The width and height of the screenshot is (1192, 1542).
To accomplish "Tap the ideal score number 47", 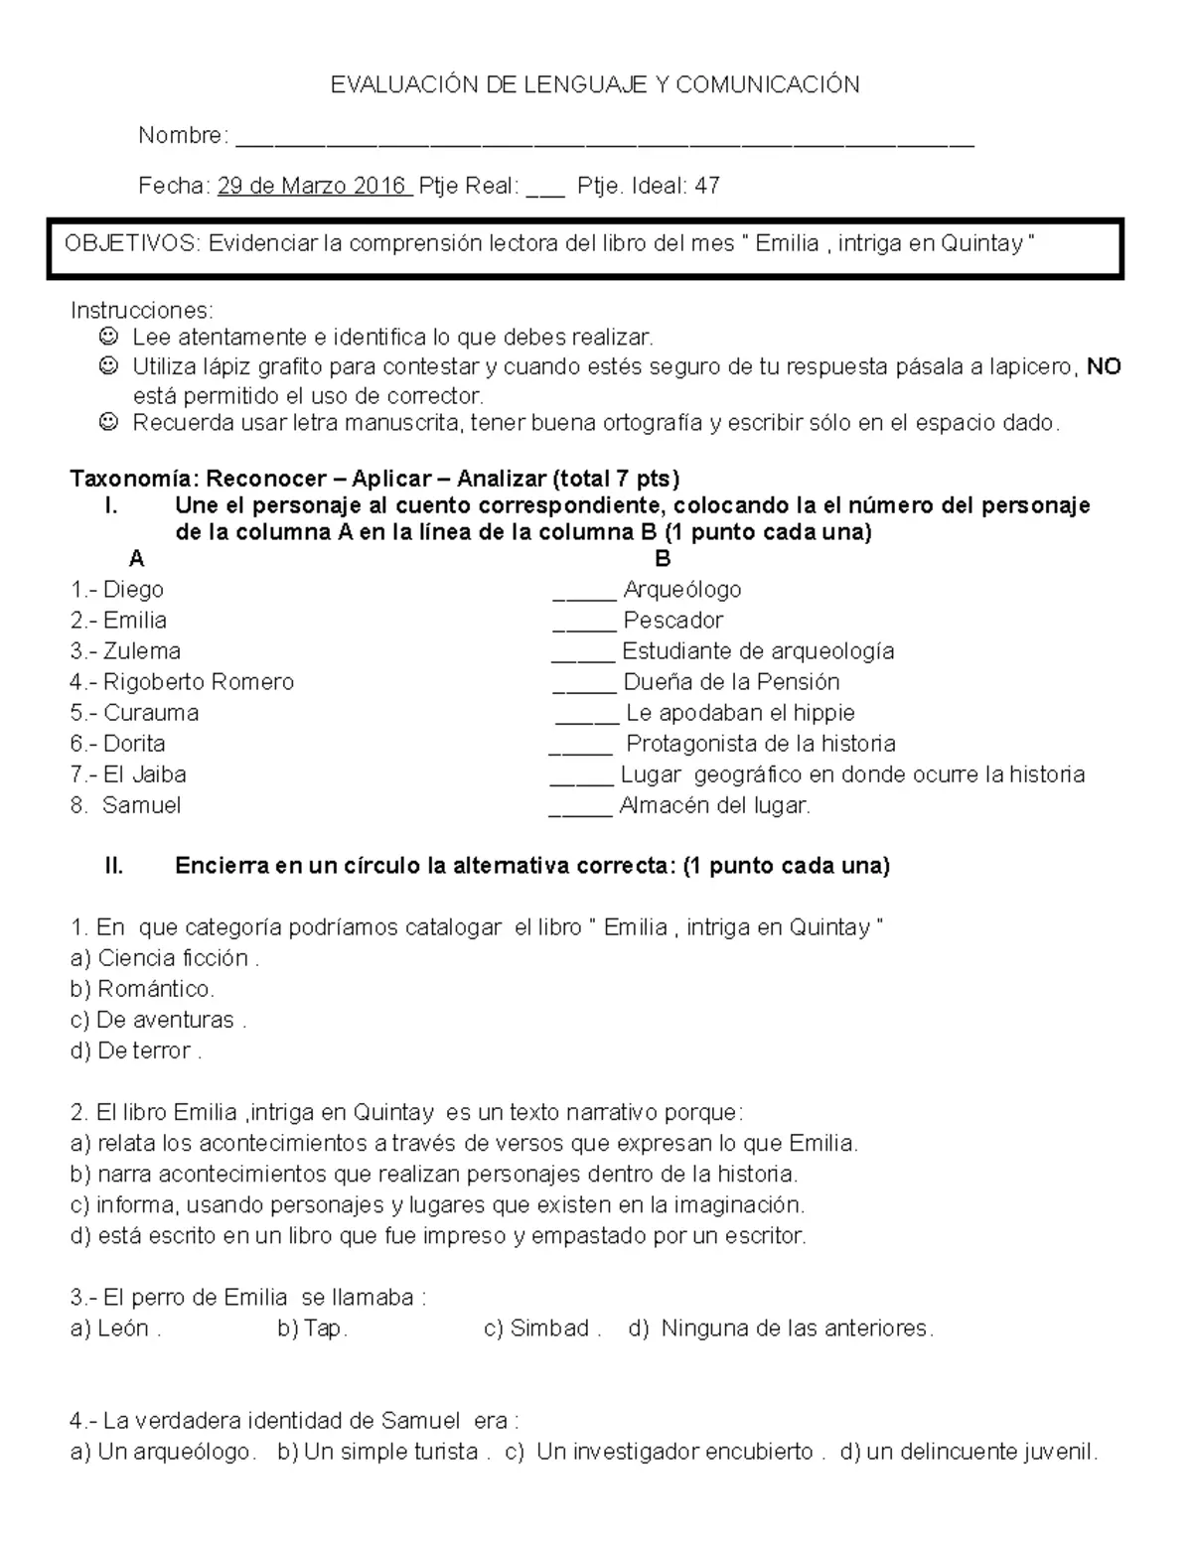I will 707,186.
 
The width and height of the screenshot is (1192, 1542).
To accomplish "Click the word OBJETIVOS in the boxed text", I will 131,243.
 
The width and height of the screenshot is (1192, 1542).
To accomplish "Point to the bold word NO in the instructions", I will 1104,367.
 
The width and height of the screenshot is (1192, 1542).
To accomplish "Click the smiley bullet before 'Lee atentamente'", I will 109,338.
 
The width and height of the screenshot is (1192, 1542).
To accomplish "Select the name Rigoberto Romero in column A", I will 198,682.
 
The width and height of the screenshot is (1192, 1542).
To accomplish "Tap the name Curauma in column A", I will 150,713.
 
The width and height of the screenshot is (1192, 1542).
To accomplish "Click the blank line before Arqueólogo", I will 584,597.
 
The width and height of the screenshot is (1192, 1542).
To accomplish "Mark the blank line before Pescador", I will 584,628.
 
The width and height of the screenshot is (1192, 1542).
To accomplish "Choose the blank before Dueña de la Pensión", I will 584,689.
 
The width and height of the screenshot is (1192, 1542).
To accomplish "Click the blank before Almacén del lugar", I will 580,812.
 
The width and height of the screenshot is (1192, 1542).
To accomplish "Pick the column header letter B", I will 663,559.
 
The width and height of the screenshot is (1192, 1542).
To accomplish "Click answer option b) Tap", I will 312,1329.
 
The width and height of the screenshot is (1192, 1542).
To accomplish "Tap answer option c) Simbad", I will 541,1329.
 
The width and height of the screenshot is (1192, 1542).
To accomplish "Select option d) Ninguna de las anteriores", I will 782,1329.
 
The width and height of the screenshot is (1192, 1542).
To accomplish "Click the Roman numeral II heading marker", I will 114,866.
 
